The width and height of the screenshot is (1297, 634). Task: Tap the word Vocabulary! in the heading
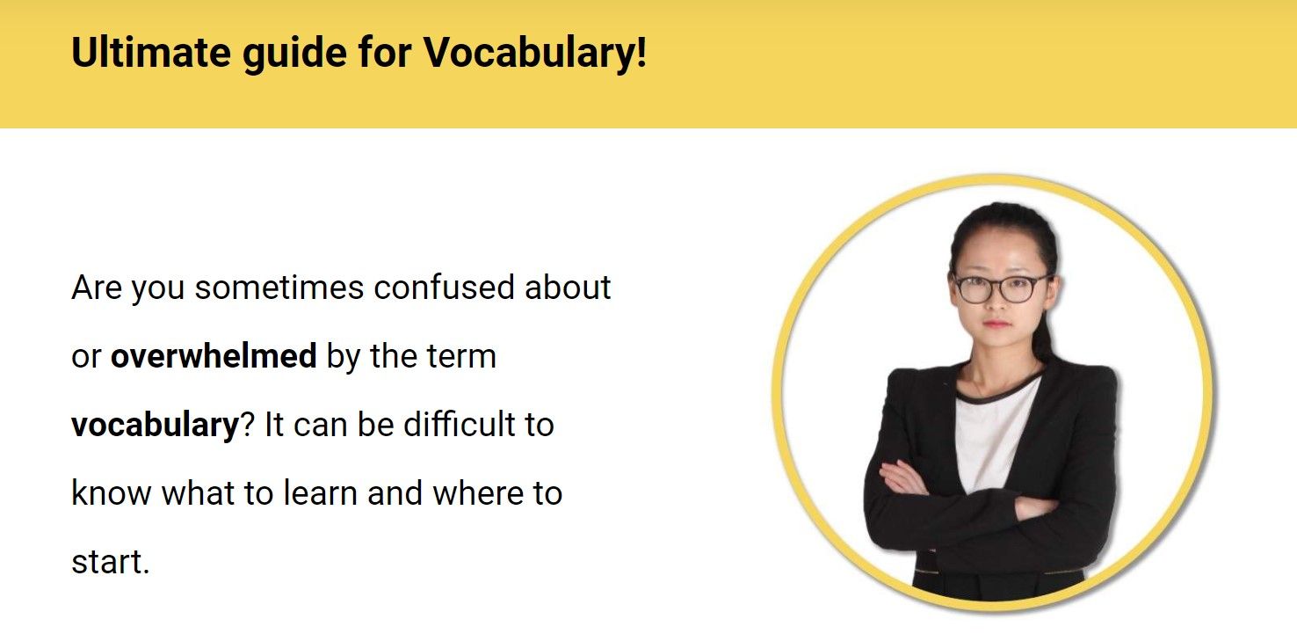(x=535, y=53)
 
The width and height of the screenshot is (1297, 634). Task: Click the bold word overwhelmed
(x=214, y=356)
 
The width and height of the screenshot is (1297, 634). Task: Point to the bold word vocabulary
(x=155, y=426)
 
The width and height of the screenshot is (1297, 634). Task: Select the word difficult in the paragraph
(x=453, y=425)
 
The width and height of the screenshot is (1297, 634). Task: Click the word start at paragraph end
(x=107, y=562)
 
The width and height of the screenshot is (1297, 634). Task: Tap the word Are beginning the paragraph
(x=96, y=288)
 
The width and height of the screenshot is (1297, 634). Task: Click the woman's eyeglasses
(x=1002, y=287)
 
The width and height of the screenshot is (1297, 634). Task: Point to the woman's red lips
(x=996, y=323)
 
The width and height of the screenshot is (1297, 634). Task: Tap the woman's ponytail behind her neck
(x=1045, y=339)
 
